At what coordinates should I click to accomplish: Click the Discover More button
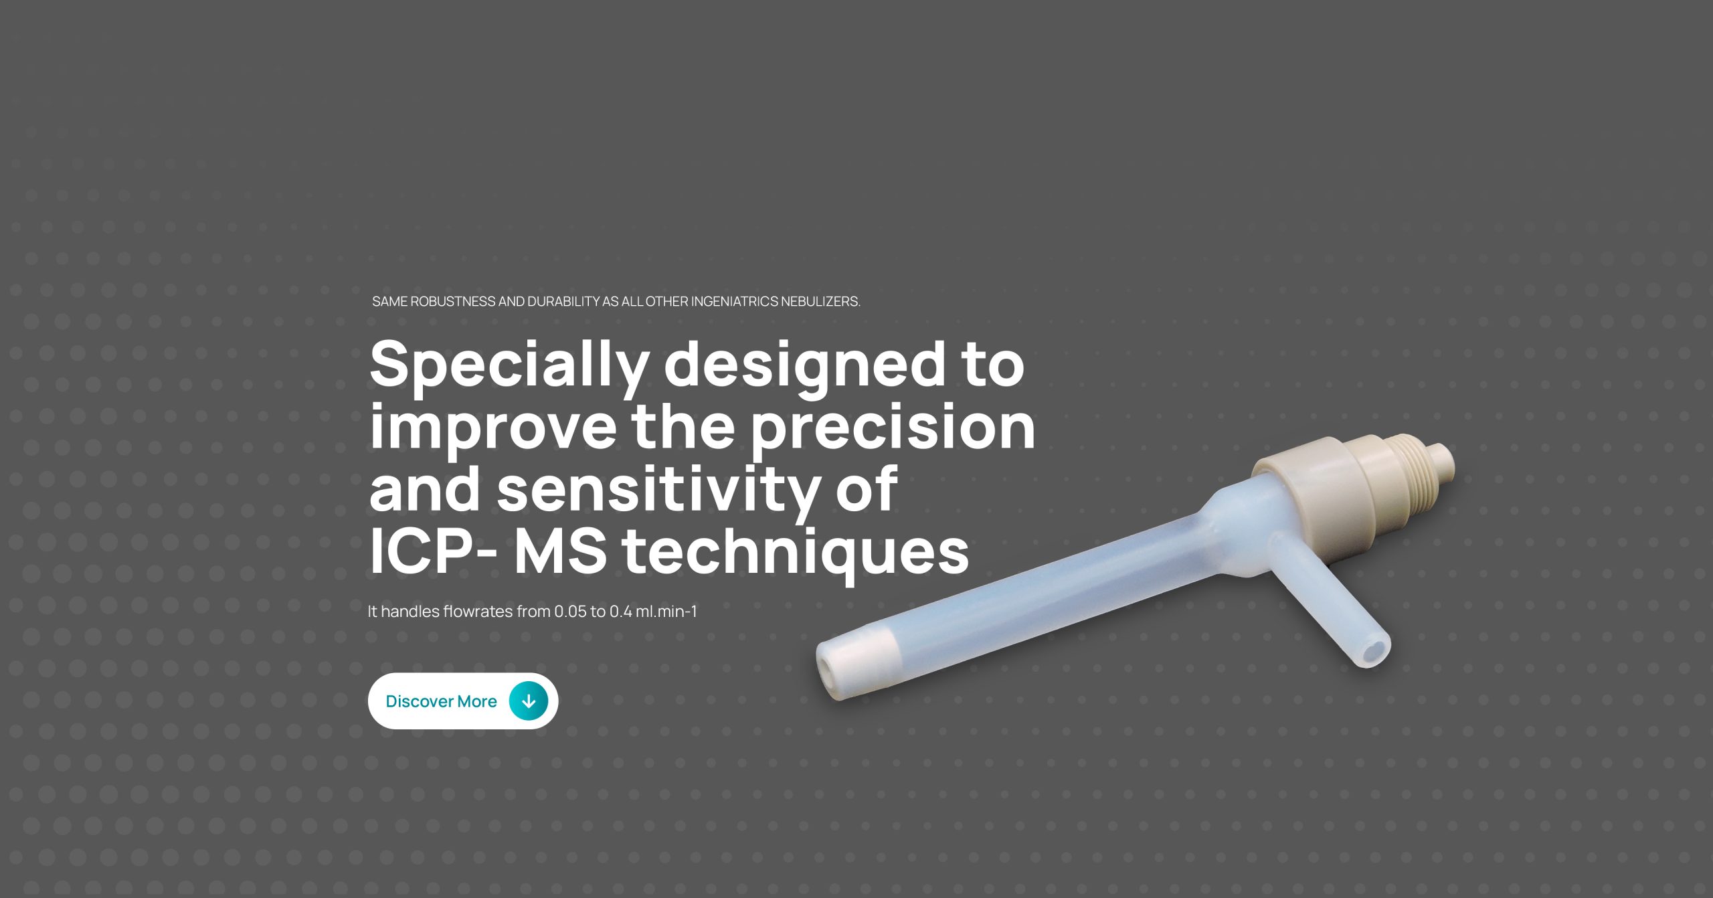462,701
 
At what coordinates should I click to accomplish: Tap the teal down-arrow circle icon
529,701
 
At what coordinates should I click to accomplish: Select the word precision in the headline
893,429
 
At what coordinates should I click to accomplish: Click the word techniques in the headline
796,552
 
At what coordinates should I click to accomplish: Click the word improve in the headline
492,429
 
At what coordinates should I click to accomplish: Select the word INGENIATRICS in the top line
735,302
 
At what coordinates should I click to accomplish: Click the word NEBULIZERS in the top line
820,302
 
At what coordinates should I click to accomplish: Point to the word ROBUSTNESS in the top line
452,302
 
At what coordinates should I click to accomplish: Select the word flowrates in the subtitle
478,612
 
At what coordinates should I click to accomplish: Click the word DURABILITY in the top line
563,302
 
